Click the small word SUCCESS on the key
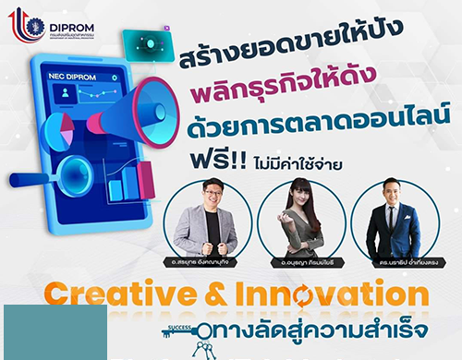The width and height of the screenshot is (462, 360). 179,326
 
